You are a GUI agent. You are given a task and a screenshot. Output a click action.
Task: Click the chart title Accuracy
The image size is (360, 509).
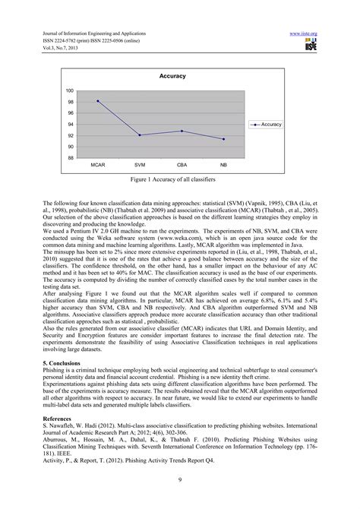(x=172, y=77)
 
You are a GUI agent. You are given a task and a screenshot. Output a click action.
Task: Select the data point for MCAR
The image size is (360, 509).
(x=98, y=101)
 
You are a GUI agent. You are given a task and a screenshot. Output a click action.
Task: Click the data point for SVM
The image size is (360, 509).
(x=140, y=135)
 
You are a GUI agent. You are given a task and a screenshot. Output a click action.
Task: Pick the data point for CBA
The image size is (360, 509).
(x=182, y=131)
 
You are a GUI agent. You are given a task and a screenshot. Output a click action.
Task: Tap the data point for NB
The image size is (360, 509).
(x=223, y=139)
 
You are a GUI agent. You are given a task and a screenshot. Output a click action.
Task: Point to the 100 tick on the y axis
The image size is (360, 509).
(x=70, y=91)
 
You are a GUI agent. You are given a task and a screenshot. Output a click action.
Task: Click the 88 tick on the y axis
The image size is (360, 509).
(x=71, y=158)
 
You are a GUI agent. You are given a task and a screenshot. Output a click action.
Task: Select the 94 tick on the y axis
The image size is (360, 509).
(x=71, y=125)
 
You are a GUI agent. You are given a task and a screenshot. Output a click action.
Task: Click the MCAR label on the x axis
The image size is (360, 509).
(x=98, y=165)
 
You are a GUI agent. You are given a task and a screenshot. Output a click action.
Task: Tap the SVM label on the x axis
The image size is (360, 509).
(x=140, y=165)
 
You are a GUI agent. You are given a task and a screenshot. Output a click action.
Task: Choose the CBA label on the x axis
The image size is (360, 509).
(x=182, y=165)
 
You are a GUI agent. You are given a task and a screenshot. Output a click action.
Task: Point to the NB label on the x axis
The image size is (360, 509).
(x=223, y=165)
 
